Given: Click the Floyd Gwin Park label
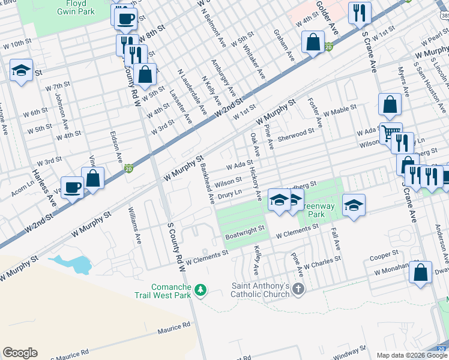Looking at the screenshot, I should coord(76,7).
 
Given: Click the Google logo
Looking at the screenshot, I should coord(20,353).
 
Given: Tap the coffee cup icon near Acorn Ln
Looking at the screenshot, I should coord(73,187).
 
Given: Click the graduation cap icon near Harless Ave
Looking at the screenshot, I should coord(21,70).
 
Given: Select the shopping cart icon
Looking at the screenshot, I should coord(391,132).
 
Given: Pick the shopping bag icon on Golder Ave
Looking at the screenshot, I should coord(313,43).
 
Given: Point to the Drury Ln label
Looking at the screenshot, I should coord(229,195).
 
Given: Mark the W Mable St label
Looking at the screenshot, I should coord(340,110).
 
